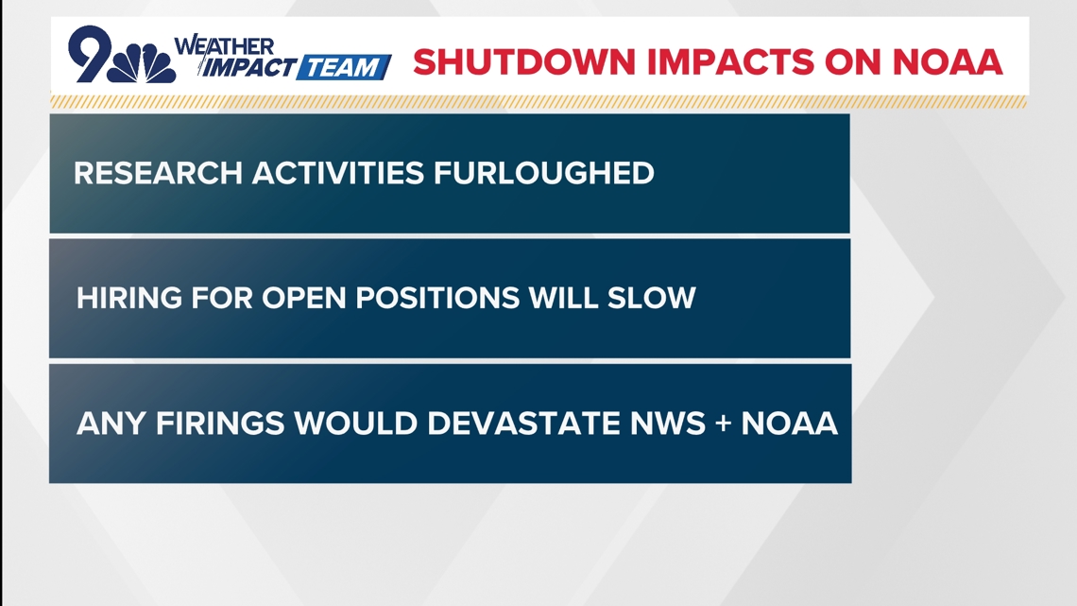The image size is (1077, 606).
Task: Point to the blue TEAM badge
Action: tap(344, 68)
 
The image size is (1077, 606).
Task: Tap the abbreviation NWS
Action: tap(662, 423)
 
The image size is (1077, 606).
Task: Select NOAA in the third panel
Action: tap(789, 423)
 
